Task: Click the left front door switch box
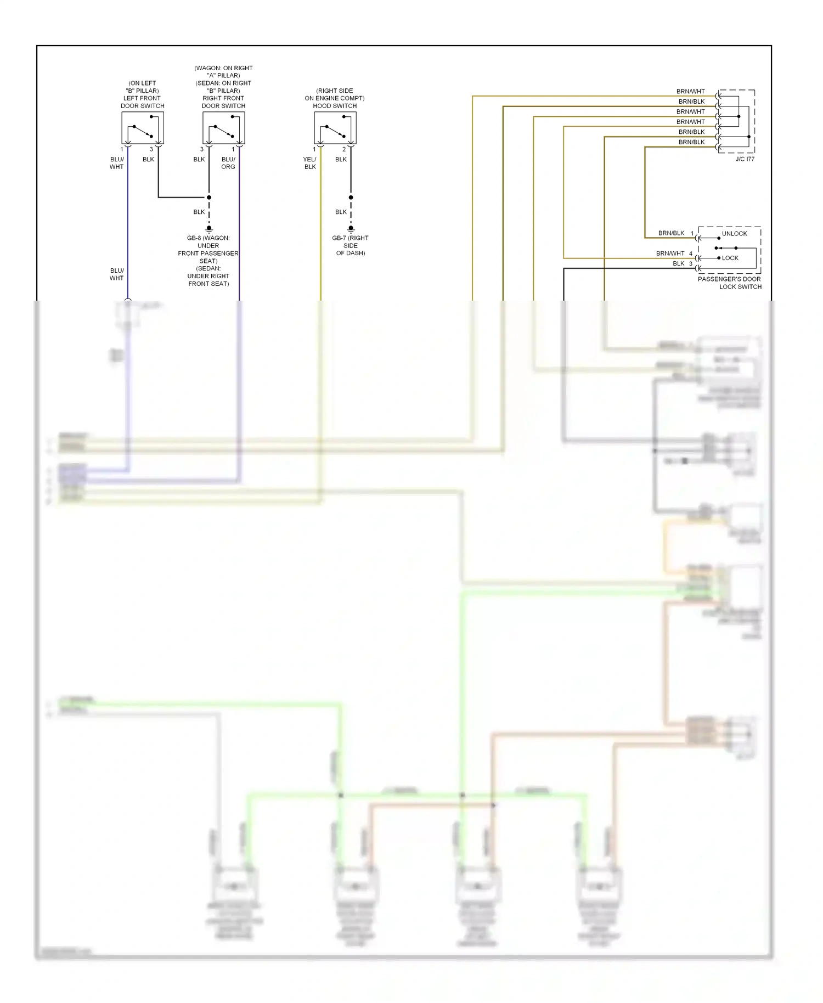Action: [143, 128]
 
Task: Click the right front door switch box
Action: [223, 128]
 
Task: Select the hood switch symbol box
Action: [335, 128]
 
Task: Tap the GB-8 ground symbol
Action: [209, 229]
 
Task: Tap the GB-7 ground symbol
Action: [351, 229]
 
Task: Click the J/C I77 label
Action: [745, 159]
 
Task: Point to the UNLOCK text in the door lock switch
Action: [734, 234]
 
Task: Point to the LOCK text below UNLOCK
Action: [730, 258]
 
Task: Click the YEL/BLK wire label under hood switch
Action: [310, 163]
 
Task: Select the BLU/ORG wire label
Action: [228, 163]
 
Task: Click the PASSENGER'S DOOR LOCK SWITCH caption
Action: [730, 283]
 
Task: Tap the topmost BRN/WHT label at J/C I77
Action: [690, 92]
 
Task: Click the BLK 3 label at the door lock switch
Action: [682, 264]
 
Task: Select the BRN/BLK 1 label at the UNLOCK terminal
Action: [675, 233]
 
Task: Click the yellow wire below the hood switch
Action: [321, 230]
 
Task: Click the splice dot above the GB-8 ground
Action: [209, 198]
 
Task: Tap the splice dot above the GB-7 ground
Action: [351, 198]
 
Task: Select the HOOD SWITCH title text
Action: [335, 106]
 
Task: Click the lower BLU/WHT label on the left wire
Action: [117, 274]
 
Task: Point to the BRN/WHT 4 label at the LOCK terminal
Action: [674, 253]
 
